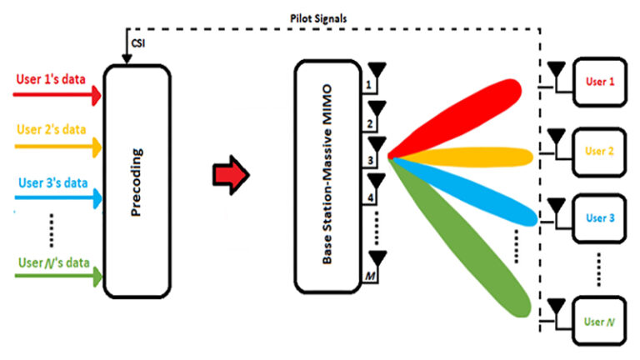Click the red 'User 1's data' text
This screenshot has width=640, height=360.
point(51,80)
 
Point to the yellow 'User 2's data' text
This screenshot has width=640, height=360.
point(51,131)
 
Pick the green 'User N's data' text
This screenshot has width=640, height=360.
point(51,263)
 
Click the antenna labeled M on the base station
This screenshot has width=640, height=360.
point(377,261)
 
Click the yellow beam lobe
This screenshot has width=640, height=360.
point(475,156)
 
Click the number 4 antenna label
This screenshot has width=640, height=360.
point(364,199)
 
